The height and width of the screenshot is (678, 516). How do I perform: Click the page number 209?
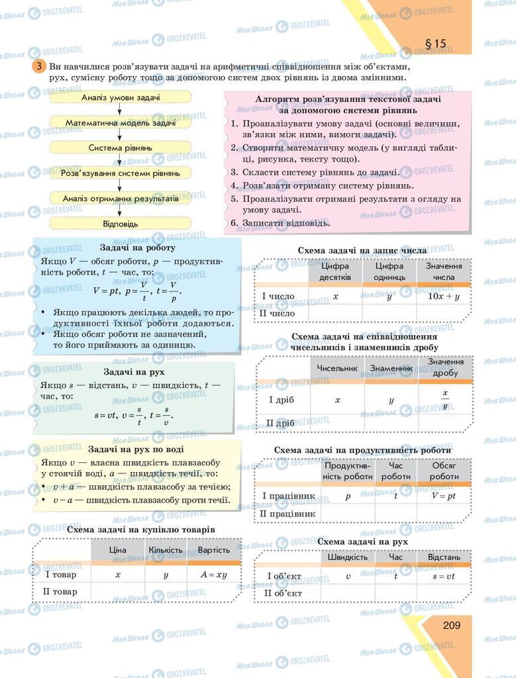pyautogui.click(x=442, y=625)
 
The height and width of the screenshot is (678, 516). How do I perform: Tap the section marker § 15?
pyautogui.click(x=435, y=44)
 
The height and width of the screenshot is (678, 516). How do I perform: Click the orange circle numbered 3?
pyautogui.click(x=39, y=67)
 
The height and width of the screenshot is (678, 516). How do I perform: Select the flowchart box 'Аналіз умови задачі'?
pyautogui.click(x=121, y=97)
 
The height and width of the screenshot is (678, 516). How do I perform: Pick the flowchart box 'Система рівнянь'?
pyautogui.click(x=121, y=148)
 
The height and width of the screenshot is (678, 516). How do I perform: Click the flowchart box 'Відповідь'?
pyautogui.click(x=121, y=224)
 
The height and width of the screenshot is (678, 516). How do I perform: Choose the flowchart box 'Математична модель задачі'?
pyautogui.click(x=121, y=122)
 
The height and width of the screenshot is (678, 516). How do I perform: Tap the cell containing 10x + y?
pyautogui.click(x=443, y=296)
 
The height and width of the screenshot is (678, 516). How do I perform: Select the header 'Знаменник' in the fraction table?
pyautogui.click(x=391, y=368)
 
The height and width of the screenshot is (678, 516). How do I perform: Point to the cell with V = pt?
pyautogui.click(x=443, y=495)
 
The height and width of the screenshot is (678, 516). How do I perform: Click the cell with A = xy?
pyautogui.click(x=213, y=574)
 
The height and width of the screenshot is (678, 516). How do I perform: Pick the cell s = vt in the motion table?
pyautogui.click(x=444, y=576)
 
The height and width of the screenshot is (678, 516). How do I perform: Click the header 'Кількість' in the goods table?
pyautogui.click(x=166, y=550)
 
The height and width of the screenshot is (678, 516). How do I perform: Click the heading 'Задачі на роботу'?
pyautogui.click(x=138, y=248)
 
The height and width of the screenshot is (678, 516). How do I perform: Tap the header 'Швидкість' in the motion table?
pyautogui.click(x=348, y=557)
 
